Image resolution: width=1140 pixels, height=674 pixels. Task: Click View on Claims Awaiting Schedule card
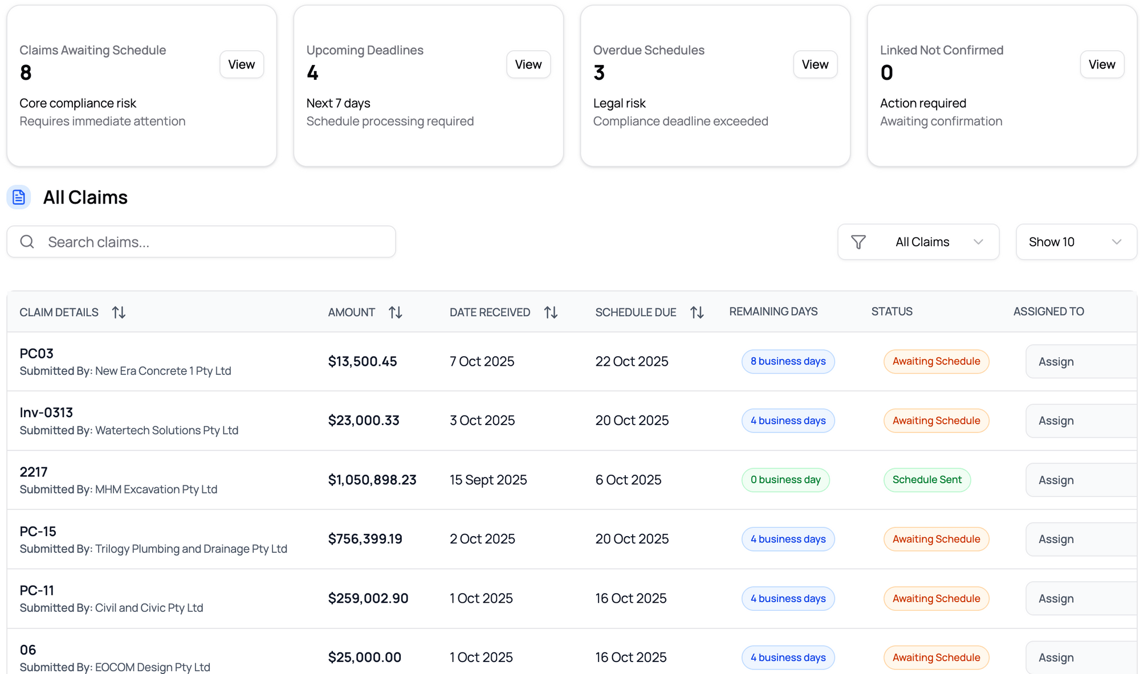(241, 64)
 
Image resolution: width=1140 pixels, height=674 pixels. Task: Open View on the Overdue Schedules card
(815, 64)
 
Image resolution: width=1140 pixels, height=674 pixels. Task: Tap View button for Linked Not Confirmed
(1101, 64)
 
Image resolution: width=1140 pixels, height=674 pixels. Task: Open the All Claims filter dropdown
(918, 242)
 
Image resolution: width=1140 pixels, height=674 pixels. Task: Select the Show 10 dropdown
(1076, 242)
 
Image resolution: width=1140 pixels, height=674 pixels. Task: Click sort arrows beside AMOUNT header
(396, 312)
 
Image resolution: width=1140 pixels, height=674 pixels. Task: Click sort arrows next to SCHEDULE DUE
(697, 312)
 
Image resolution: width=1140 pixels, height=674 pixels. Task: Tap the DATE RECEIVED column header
(490, 312)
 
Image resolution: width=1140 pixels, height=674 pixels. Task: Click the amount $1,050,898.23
(372, 480)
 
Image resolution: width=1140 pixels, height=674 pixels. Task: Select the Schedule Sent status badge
(927, 480)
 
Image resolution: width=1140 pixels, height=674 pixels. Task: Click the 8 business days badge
(788, 361)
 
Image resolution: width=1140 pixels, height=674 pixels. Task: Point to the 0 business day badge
(785, 480)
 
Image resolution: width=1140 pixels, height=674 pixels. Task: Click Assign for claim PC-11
(1056, 598)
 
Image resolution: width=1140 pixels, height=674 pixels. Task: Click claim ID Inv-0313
(46, 412)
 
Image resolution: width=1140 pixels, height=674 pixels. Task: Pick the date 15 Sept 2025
(488, 480)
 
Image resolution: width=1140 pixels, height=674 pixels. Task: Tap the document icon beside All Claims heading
(19, 197)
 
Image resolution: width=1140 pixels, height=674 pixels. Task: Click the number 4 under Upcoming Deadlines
(312, 73)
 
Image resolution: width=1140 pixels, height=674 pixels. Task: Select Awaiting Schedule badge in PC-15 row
(936, 539)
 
